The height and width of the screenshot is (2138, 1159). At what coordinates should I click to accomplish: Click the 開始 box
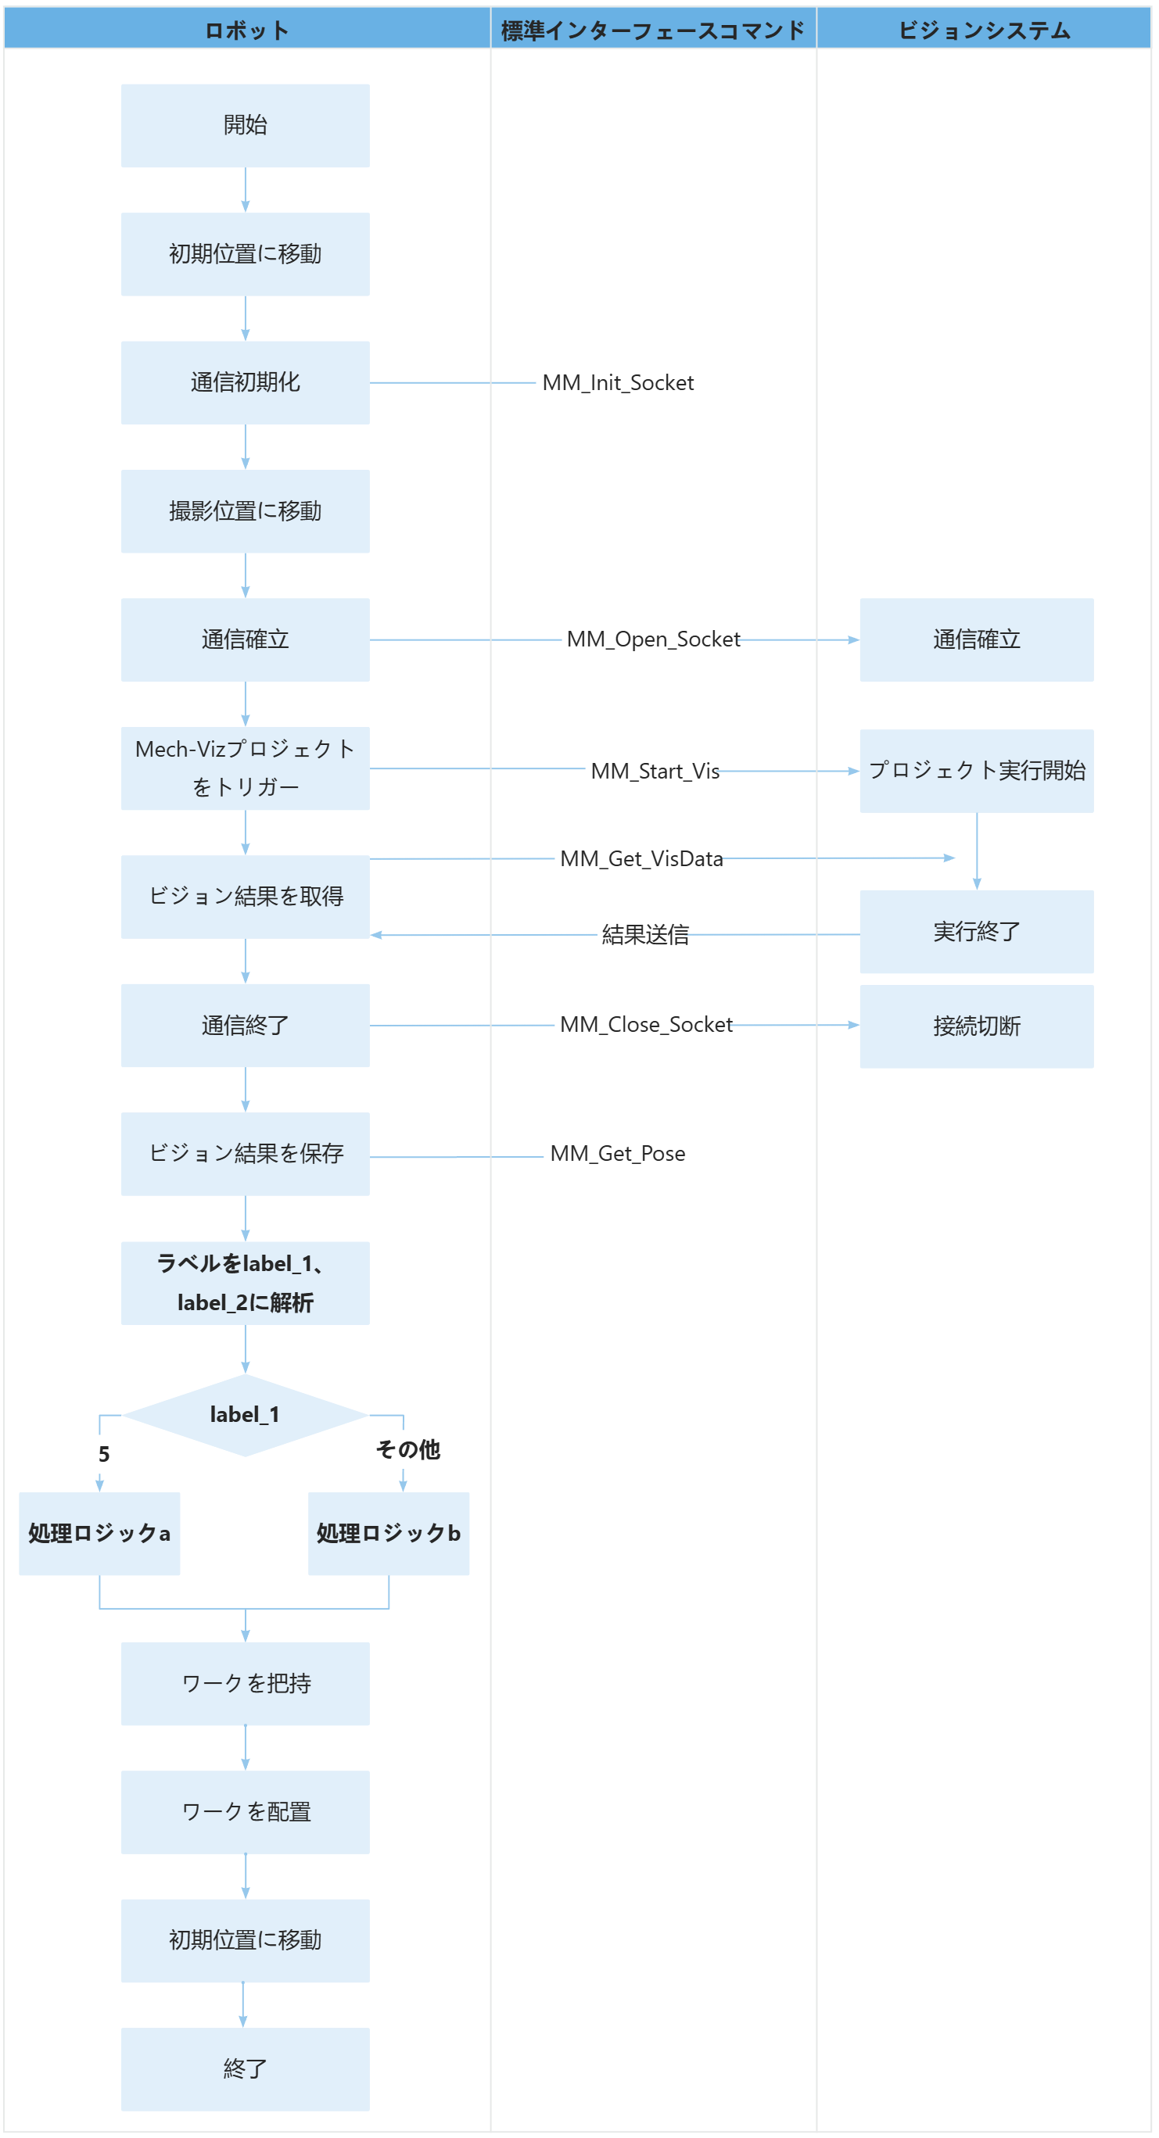245,125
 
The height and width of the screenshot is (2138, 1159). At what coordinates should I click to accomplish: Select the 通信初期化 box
245,382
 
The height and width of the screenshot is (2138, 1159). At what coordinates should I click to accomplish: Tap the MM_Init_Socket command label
618,382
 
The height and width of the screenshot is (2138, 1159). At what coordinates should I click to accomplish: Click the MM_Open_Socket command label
652,639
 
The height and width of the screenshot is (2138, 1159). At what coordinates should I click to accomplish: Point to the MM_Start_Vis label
655,771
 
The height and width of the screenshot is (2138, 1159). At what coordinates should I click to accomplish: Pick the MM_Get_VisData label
641,858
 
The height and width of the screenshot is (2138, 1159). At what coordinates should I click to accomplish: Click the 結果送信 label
645,935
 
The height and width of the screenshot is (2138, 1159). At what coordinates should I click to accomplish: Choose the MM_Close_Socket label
646,1024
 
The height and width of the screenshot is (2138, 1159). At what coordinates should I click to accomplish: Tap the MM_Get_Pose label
618,1154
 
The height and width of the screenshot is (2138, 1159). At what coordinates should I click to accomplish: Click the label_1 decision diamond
245,1415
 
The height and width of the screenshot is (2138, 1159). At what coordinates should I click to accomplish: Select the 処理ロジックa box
99,1534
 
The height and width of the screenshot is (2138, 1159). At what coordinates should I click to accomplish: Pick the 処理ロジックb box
389,1534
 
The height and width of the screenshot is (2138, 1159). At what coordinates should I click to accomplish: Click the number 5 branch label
104,1454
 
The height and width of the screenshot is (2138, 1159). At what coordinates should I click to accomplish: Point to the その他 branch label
407,1449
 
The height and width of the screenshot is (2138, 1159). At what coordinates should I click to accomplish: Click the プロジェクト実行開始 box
976,771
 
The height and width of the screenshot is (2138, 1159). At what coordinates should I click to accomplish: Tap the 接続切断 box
976,1026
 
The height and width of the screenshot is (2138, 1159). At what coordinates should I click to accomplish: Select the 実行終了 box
976,931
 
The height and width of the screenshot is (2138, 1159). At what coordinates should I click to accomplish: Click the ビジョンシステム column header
984,30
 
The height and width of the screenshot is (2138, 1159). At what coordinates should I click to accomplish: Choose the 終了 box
245,2069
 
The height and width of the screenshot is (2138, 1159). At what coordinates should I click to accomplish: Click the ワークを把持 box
245,1683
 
